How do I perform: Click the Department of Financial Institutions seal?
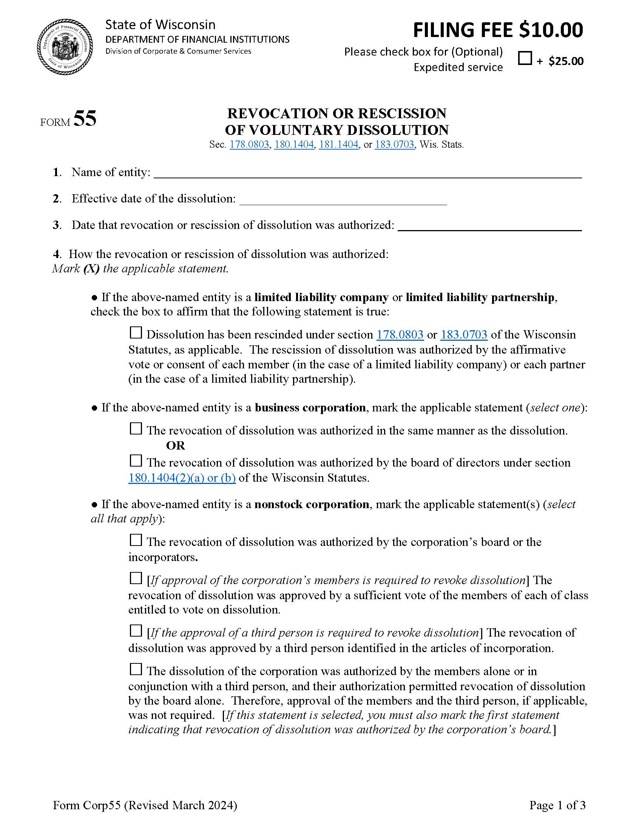click(x=65, y=47)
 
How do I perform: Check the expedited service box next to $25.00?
click(x=525, y=58)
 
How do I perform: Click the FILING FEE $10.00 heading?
click(x=498, y=30)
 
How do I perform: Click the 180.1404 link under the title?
click(x=294, y=145)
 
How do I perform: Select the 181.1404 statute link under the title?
click(x=338, y=145)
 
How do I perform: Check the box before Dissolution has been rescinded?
click(x=136, y=333)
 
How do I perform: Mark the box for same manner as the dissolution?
click(x=136, y=429)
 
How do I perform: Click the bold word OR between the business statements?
click(x=175, y=446)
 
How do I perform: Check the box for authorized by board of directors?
click(x=136, y=461)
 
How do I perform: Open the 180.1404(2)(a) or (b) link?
click(x=182, y=478)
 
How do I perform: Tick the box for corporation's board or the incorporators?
click(x=136, y=540)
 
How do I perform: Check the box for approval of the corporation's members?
click(x=136, y=578)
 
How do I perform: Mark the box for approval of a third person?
click(x=136, y=631)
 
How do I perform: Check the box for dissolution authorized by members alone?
click(x=136, y=669)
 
